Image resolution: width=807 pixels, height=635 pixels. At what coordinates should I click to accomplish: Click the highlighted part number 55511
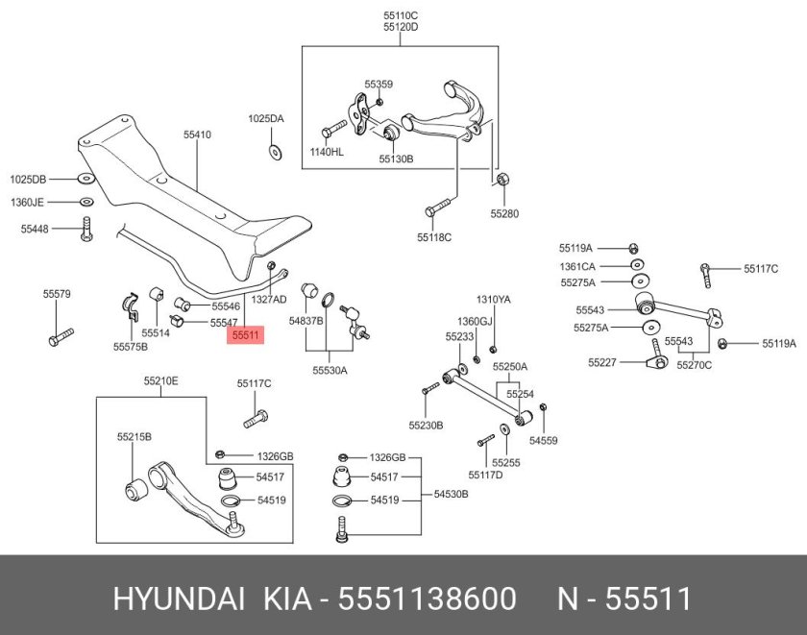click(246, 335)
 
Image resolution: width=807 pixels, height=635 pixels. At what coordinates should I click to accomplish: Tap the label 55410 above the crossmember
click(197, 135)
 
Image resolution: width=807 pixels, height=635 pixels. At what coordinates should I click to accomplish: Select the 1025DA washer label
click(266, 119)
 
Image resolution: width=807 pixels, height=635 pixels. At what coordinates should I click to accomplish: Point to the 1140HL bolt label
click(327, 152)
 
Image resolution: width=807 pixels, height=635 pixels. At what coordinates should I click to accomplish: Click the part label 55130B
click(395, 159)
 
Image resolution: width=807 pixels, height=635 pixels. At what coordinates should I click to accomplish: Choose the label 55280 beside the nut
click(504, 213)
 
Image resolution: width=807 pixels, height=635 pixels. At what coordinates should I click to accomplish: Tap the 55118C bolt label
click(433, 236)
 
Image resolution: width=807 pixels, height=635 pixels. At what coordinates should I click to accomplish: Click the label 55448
click(34, 229)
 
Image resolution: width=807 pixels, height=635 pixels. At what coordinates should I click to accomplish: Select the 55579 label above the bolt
click(56, 293)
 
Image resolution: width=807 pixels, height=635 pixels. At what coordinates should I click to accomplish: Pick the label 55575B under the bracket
click(131, 346)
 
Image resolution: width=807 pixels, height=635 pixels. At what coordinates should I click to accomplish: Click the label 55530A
click(330, 369)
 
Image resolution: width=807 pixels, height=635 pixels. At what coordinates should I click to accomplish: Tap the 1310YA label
click(494, 300)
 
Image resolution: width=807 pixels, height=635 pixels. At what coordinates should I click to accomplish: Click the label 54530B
click(451, 494)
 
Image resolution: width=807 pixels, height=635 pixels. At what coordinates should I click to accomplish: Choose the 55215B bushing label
click(134, 436)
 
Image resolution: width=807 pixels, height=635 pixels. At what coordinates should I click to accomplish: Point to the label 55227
click(602, 362)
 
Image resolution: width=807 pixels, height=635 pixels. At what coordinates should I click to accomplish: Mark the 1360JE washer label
click(27, 203)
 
